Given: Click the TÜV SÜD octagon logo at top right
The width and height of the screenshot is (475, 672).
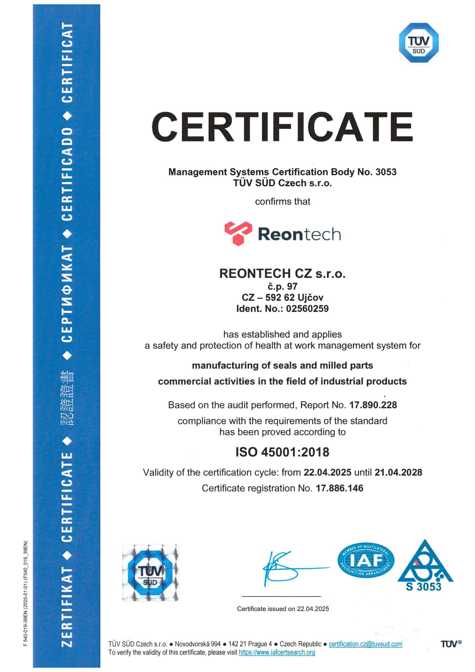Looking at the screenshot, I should (x=418, y=43).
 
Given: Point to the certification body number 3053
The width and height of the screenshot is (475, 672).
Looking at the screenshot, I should (x=386, y=172).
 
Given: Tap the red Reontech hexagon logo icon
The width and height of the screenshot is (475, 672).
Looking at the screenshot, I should (x=238, y=233).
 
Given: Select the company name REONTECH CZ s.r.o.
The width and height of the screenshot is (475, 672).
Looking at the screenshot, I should (x=282, y=273).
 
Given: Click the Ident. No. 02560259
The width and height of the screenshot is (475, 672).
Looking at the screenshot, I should (x=307, y=308).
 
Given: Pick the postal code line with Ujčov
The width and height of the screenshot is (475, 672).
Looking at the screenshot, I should (x=282, y=297).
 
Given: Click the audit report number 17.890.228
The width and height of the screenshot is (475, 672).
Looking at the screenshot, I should (x=373, y=405).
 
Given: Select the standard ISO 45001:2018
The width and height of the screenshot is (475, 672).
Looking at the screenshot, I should (x=282, y=452).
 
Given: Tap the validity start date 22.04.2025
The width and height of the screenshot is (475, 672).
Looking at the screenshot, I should (x=327, y=473).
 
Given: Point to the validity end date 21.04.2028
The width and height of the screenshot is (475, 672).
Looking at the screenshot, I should (x=398, y=473).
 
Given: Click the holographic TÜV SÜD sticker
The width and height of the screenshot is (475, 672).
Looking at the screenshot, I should (x=150, y=573).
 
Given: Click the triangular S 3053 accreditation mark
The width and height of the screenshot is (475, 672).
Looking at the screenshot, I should (x=425, y=566).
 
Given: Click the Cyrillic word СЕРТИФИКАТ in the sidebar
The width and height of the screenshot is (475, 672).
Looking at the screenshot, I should (x=67, y=293).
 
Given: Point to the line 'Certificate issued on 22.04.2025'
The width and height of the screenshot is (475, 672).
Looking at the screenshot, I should (x=283, y=609).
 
